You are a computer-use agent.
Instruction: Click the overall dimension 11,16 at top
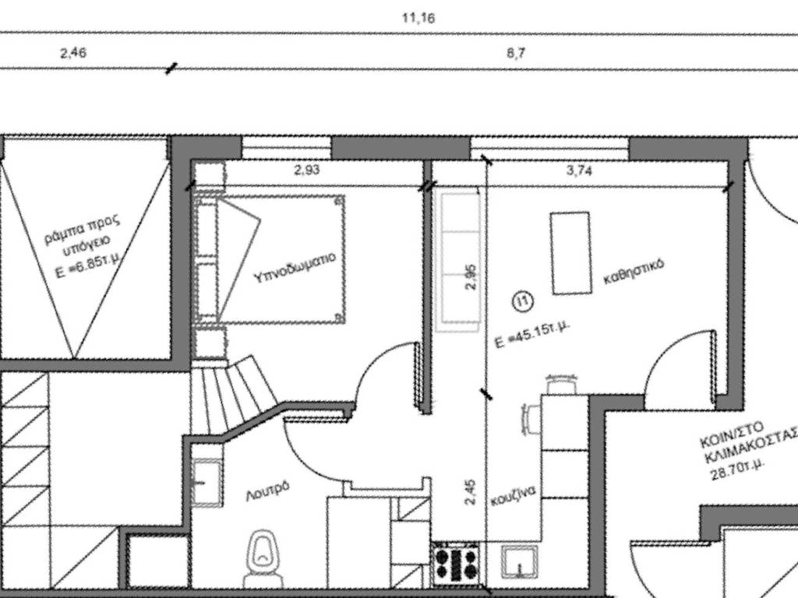418,19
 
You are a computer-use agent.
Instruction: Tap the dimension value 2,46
73,52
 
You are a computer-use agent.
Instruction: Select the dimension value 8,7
516,53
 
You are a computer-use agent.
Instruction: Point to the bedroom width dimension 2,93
307,170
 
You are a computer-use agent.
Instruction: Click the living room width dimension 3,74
579,171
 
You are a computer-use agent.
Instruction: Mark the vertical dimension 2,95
471,276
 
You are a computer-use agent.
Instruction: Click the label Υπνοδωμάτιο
295,267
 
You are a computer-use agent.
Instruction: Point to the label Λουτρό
267,491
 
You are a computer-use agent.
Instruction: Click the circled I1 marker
523,301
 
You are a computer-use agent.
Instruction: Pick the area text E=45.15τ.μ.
531,335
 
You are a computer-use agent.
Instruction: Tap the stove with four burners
457,564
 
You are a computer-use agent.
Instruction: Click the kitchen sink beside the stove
520,562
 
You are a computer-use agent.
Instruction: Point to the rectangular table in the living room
571,253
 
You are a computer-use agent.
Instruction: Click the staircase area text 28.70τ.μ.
737,470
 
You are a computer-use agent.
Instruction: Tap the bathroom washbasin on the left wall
206,483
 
